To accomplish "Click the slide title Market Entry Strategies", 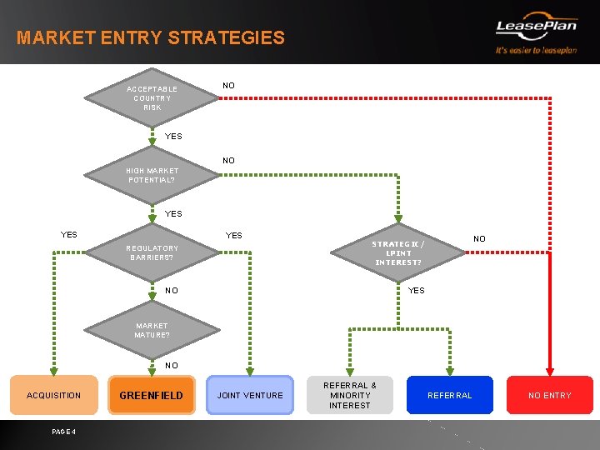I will click(x=151, y=38).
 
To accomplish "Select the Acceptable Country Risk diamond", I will click(x=152, y=98).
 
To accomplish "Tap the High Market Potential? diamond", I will click(x=152, y=176).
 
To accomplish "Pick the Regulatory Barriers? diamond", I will click(x=152, y=252).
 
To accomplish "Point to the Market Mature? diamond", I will click(x=152, y=331).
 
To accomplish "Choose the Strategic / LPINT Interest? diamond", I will click(x=398, y=252).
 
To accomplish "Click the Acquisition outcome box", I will click(x=54, y=395).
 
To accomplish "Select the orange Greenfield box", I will click(x=152, y=395).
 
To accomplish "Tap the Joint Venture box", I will click(x=250, y=395).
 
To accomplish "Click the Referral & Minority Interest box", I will click(x=350, y=395).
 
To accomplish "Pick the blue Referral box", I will click(x=449, y=395).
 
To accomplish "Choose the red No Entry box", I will click(x=550, y=395).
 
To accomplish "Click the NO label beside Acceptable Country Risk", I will click(x=228, y=86).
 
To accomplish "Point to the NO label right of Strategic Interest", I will click(x=479, y=239).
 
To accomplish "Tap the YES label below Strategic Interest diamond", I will click(x=416, y=291).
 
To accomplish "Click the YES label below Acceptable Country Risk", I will click(x=173, y=137).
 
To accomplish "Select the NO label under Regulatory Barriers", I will click(x=171, y=291).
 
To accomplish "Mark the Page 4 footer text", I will click(x=63, y=432).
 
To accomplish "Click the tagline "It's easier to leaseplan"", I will click(x=536, y=50).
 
